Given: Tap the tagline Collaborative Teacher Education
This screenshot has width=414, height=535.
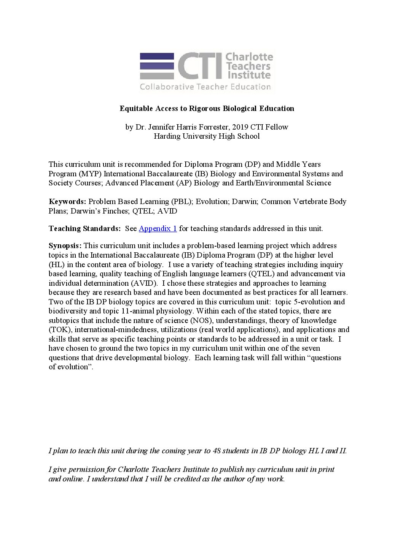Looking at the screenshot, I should [x=205, y=87].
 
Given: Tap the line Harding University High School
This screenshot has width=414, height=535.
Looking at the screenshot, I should [x=207, y=136].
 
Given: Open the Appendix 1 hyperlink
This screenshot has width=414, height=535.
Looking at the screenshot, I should [x=158, y=228].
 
